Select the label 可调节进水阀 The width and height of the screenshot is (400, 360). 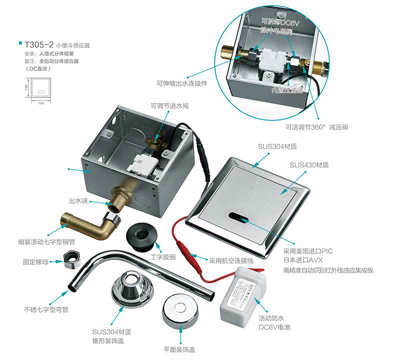click(170, 106)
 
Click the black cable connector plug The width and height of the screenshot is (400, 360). click(203, 157)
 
